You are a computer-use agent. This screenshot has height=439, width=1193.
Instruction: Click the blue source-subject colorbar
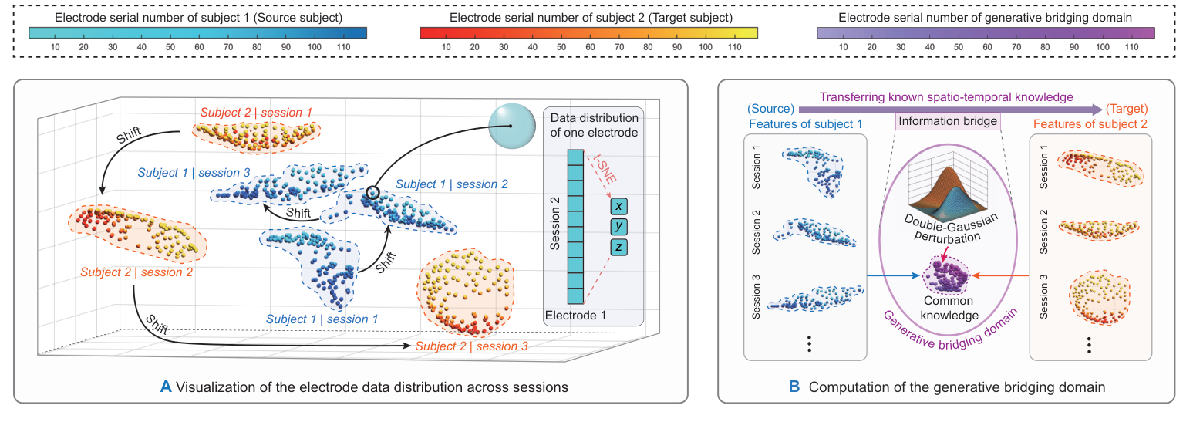[x=197, y=32]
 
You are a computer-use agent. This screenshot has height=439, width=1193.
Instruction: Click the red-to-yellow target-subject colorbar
[x=588, y=32]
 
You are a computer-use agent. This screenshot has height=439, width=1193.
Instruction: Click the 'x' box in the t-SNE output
[x=618, y=207]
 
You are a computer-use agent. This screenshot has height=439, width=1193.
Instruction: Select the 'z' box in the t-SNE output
[x=618, y=247]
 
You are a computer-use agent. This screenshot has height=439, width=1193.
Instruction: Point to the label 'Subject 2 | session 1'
[x=257, y=113]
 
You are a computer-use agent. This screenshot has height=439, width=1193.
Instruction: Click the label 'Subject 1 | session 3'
[x=194, y=173]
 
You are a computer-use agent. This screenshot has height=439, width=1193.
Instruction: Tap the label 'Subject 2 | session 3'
[x=471, y=346]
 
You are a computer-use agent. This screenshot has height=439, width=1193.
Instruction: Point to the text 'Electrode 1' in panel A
[x=575, y=315]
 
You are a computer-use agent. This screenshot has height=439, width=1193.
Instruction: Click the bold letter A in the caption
[x=165, y=387]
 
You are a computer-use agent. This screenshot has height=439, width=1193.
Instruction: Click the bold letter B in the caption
[x=794, y=387]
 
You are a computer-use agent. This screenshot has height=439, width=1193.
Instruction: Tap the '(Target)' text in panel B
[x=1127, y=108]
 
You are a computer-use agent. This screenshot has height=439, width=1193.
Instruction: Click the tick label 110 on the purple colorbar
[x=1131, y=47]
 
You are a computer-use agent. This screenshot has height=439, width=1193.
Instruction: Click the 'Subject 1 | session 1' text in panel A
[x=322, y=318]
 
